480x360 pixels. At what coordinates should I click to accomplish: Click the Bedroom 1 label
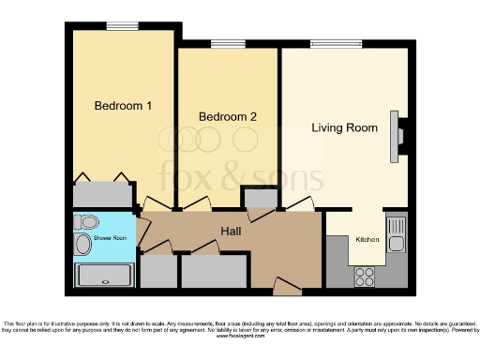click(123, 106)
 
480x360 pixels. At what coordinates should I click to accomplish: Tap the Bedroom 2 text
click(227, 116)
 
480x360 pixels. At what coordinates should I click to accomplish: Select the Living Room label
click(344, 127)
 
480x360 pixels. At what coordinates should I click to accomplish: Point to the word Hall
click(232, 231)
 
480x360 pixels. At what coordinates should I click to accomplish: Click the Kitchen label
click(367, 240)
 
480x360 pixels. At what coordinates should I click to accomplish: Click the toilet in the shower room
click(86, 223)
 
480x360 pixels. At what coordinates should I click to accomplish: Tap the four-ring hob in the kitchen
click(364, 277)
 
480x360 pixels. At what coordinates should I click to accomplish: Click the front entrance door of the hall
click(281, 284)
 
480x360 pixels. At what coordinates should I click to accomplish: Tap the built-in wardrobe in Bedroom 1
click(101, 194)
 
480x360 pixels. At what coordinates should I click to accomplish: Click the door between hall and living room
click(300, 204)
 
